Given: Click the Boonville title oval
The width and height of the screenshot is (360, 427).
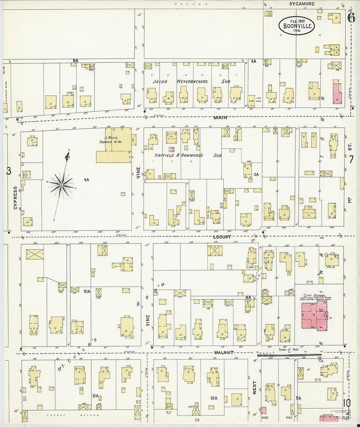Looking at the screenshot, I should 297,25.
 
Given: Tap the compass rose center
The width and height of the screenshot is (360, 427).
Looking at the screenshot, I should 61,185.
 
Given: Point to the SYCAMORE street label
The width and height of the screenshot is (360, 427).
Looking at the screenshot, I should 302,4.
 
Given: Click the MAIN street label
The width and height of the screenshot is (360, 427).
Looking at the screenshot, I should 220,117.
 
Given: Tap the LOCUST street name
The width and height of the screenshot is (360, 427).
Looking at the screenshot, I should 222,237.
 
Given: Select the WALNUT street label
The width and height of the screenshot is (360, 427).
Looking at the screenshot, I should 224,352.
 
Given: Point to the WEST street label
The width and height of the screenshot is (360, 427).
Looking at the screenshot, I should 255,387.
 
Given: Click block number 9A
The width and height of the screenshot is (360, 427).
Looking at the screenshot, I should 86,179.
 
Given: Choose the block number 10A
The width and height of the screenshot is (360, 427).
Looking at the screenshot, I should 86,291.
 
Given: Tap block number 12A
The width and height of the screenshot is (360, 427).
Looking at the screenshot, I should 214,398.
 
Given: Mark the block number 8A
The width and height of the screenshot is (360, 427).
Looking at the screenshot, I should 76,61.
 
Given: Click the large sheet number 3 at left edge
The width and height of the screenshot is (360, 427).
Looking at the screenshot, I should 9,171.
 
